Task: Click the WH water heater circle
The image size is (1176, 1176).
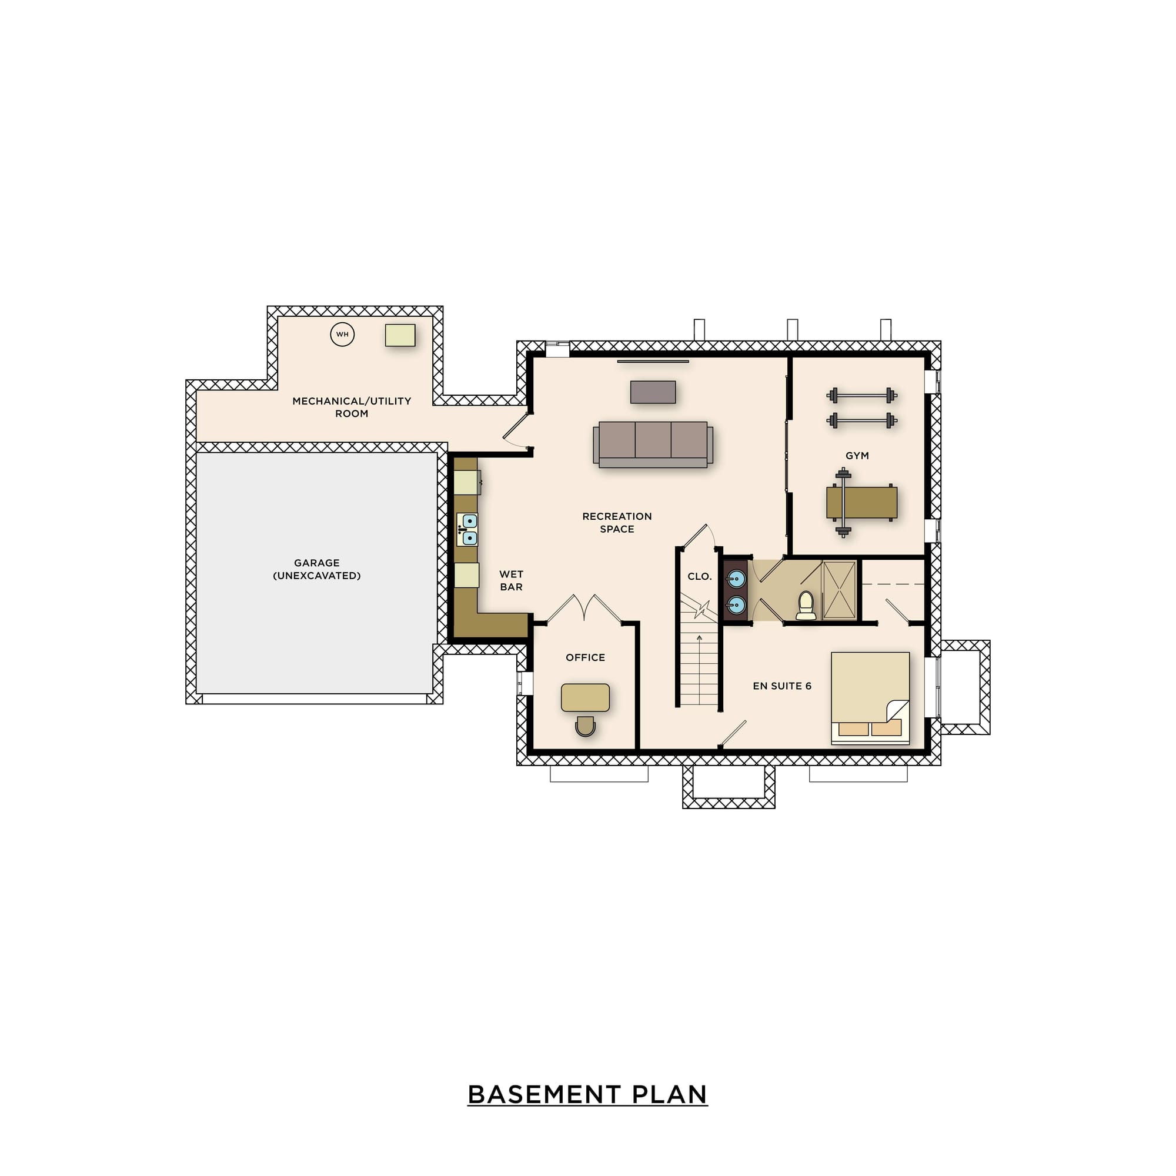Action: click(342, 334)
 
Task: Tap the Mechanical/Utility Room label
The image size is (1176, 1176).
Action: click(352, 407)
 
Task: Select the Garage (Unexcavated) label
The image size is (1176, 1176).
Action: click(316, 569)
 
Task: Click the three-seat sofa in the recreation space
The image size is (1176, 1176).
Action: click(653, 445)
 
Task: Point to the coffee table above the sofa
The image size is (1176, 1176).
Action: click(653, 392)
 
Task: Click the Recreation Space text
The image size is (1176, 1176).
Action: click(617, 523)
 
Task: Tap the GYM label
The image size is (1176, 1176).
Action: click(857, 456)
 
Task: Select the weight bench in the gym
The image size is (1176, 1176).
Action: click(861, 503)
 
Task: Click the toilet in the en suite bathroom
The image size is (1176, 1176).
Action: click(806, 605)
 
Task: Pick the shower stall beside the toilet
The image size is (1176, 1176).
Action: click(840, 590)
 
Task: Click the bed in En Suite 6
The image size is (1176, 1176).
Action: click(870, 698)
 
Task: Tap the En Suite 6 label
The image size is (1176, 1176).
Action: click(782, 686)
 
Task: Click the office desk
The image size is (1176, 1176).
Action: click(585, 697)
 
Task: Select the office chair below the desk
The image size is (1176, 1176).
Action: click(585, 726)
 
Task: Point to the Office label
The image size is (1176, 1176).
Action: click(586, 657)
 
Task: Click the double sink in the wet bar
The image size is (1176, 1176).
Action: click(467, 530)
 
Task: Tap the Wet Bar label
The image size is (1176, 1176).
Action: click(512, 581)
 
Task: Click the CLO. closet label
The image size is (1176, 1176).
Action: click(699, 576)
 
